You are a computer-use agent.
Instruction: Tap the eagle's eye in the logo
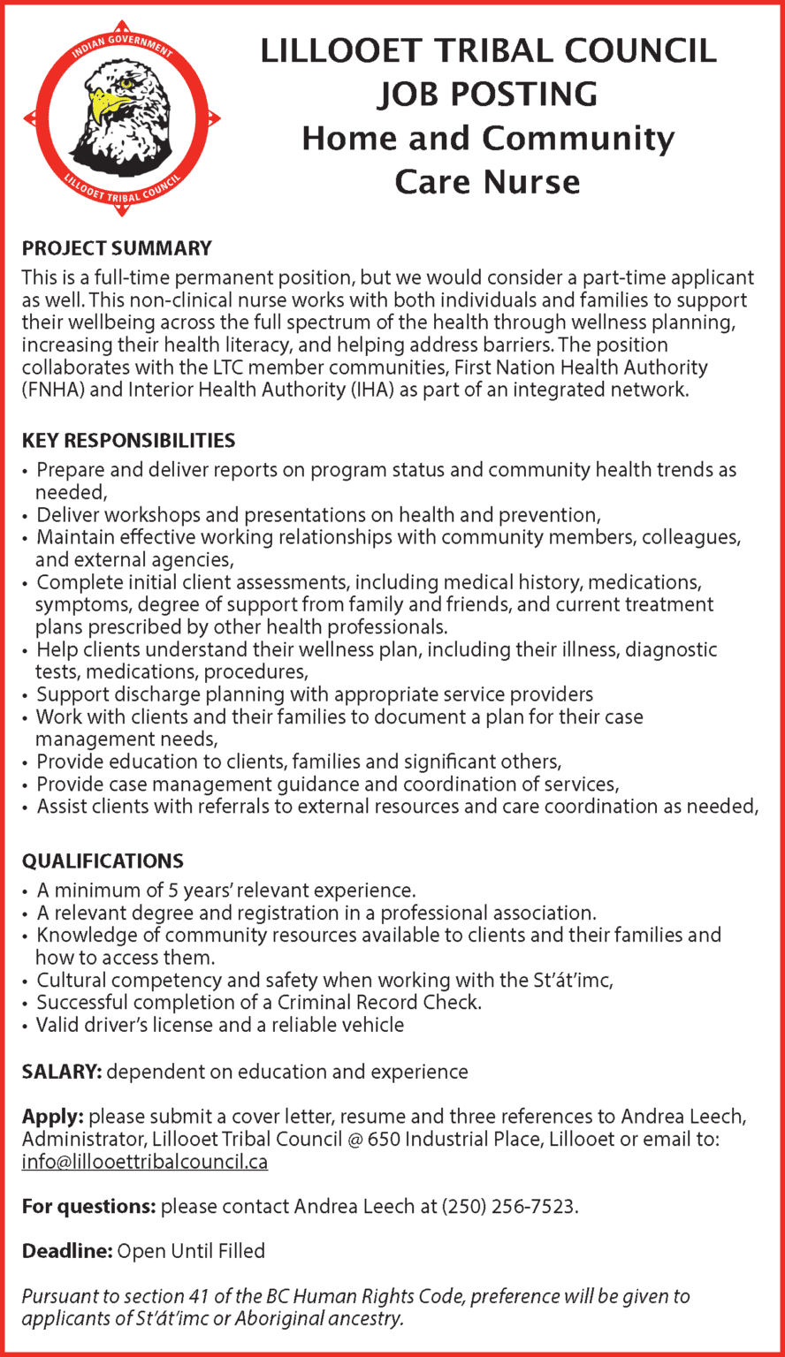[127, 85]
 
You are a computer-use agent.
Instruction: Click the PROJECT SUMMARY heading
[117, 248]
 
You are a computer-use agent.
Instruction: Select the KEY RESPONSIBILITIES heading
[128, 440]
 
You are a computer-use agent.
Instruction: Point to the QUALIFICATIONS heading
[103, 860]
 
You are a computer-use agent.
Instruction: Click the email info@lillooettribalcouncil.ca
[144, 1162]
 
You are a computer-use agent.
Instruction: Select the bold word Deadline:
[67, 1251]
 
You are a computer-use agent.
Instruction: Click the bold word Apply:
[52, 1118]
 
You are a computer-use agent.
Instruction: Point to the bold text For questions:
[88, 1207]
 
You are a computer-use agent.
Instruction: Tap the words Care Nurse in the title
[487, 182]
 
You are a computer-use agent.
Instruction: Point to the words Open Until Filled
[191, 1251]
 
